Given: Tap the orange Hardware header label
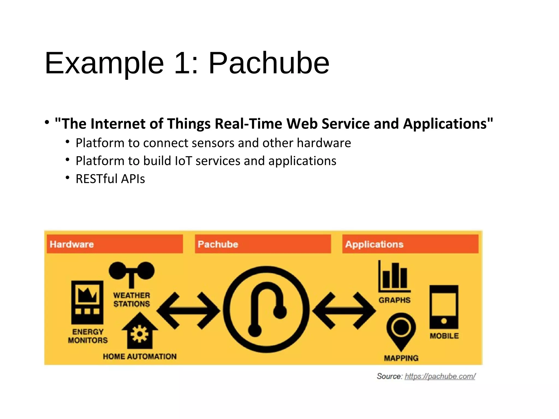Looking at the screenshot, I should [x=72, y=244].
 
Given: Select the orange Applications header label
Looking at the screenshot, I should [x=374, y=244].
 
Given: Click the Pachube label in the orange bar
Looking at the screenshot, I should [x=218, y=244].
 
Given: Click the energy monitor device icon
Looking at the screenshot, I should [x=87, y=302].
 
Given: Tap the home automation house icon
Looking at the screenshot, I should [x=140, y=331].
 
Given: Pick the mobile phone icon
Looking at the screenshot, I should [x=444, y=307].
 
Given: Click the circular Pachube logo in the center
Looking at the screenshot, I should [x=266, y=310].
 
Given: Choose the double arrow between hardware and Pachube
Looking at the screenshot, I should [x=188, y=310].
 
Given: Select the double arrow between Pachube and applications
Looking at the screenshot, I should [x=344, y=310].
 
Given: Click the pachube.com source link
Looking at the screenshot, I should [x=440, y=376].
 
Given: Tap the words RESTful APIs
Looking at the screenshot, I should [x=110, y=179].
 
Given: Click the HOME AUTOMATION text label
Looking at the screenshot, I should [x=140, y=356].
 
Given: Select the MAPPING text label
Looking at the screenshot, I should [x=401, y=358].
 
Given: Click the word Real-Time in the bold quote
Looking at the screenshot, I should [x=248, y=124].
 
